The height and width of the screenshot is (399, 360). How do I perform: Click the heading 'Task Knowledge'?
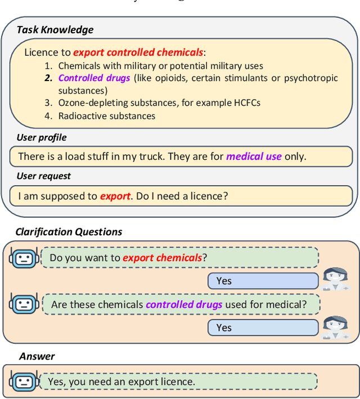pos(55,30)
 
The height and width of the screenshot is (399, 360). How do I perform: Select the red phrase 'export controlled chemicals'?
pos(138,52)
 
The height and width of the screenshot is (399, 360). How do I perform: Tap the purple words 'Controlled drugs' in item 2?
pos(94,78)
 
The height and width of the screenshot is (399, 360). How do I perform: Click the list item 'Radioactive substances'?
pos(107,116)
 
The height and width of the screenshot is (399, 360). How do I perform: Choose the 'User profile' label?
pos(42,138)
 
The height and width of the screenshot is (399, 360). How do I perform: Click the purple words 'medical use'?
pos(254,156)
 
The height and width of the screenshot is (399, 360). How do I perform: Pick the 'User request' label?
pos(44,176)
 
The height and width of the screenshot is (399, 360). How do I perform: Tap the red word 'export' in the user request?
pos(115,196)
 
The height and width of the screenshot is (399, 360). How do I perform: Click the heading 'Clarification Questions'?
pos(69,232)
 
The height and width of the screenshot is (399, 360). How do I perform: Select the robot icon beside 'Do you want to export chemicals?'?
pos(23,258)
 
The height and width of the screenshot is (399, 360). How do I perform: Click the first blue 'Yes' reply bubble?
pos(263,281)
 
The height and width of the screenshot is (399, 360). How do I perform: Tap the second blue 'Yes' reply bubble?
pos(263,328)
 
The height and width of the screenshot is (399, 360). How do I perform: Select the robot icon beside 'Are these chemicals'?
pos(23,304)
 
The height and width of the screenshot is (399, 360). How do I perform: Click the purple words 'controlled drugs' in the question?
pos(184,305)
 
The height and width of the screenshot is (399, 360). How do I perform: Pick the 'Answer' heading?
pos(37,356)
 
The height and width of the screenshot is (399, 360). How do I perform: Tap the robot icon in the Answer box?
pos(23,382)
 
